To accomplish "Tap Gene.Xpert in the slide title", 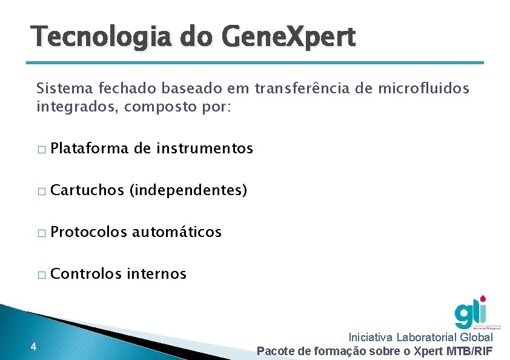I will pos(290,38).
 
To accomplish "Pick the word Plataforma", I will pos(90,148).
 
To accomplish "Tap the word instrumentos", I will pos(205,148).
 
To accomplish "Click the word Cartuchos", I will pos(87,190).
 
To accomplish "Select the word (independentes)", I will pos(188,190).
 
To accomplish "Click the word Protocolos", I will pos(89,232).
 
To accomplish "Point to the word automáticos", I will pos(177,232).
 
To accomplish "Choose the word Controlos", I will pos(87,274).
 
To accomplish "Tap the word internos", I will pos(157,274).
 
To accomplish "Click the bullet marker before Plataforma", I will pos(41,150).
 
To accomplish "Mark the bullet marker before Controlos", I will pos(41,275).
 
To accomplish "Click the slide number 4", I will pos(33,347).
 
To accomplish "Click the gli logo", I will pos(471,312).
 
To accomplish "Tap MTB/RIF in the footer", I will pos(469,351).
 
